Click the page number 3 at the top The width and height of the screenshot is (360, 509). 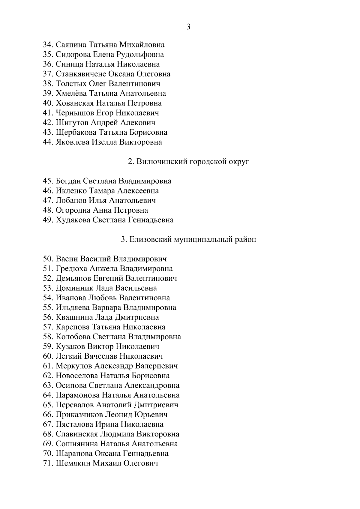pos(188,27)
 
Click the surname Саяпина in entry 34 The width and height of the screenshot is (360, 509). pos(71,45)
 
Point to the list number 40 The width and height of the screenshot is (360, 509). pos(48,103)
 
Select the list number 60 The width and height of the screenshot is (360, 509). pos(48,356)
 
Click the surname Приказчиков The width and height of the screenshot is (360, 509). pos(79,415)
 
